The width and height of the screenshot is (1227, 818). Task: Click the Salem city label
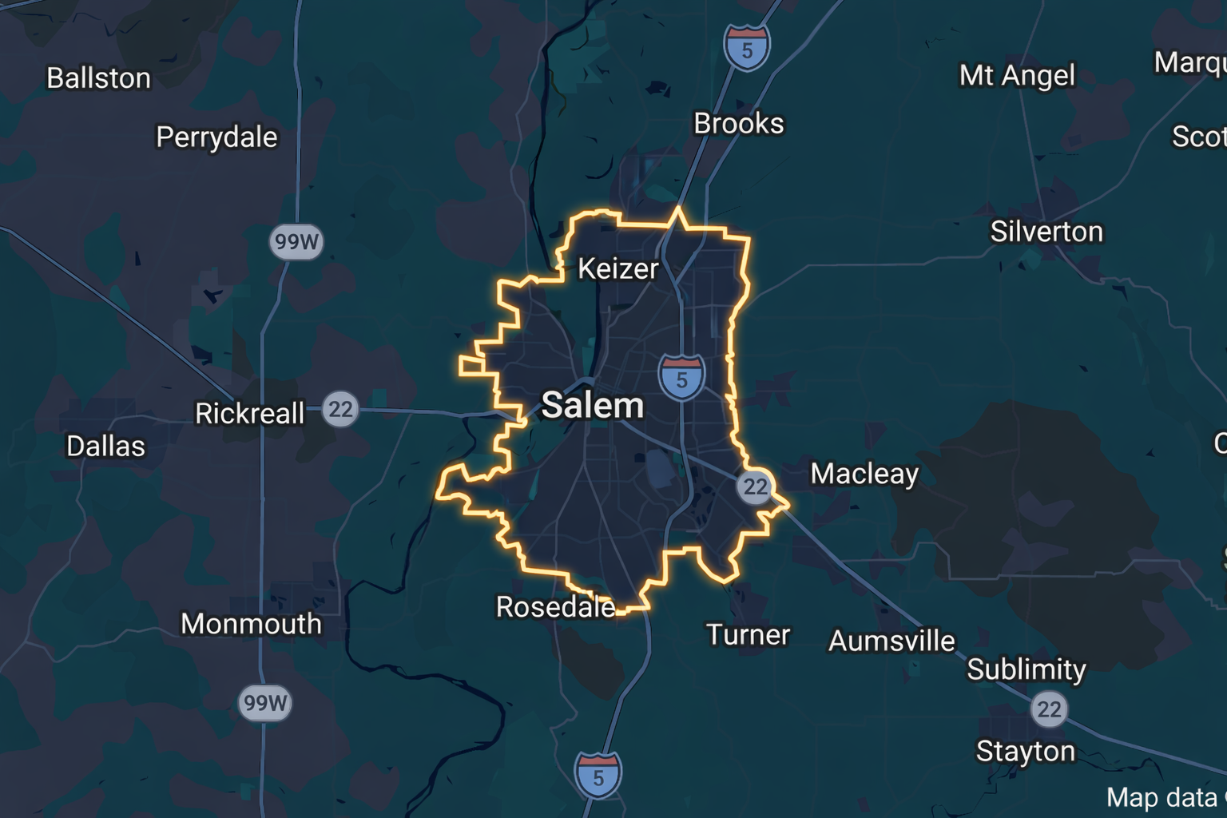(593, 406)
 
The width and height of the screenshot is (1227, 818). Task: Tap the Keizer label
(617, 268)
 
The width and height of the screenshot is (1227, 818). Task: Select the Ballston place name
(98, 78)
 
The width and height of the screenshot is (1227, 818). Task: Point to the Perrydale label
(216, 137)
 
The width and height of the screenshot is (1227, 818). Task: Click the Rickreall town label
(250, 414)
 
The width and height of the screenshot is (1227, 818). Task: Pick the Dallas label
(105, 446)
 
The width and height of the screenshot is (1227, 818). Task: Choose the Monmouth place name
(251, 624)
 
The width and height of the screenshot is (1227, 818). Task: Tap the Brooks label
(738, 124)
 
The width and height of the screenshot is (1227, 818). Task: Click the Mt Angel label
(1017, 76)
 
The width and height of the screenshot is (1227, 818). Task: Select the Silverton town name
(1046, 232)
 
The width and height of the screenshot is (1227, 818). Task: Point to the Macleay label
(864, 474)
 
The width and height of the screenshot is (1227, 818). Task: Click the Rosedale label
(555, 607)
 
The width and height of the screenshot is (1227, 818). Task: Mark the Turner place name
(748, 635)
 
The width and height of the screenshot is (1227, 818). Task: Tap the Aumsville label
(891, 641)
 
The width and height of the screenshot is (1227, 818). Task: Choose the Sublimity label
(1026, 669)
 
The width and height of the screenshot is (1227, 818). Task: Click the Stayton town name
(1026, 752)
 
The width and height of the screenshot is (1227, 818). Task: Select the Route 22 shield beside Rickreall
(340, 410)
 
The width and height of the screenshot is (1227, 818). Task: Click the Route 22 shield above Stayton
(1049, 709)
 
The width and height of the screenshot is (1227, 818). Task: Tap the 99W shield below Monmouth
(265, 703)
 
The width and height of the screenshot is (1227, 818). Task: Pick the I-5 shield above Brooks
(747, 48)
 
